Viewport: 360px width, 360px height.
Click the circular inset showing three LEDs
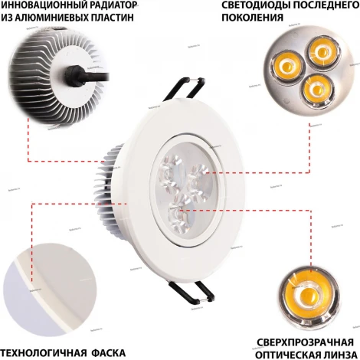coord(303,70)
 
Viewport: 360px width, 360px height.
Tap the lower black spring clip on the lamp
coord(194,290)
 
